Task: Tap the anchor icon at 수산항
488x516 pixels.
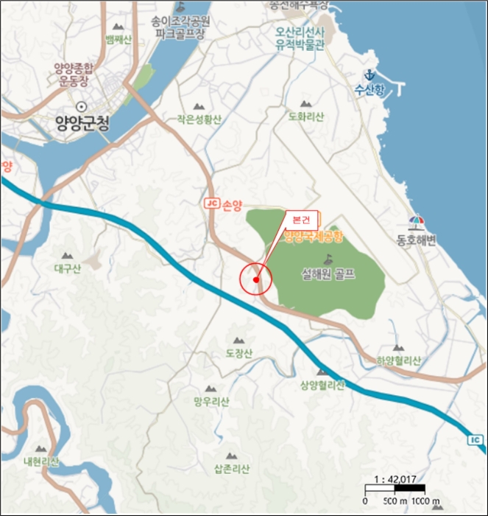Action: pyautogui.click(x=371, y=74)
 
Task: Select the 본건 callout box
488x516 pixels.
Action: pyautogui.click(x=302, y=220)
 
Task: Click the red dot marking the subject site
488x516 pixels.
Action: pyautogui.click(x=255, y=280)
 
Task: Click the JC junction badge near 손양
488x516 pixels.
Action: pyautogui.click(x=211, y=202)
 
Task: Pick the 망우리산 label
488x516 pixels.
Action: pyautogui.click(x=211, y=402)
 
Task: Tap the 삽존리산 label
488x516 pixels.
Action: pyautogui.click(x=232, y=469)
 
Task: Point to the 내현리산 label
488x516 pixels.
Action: pyautogui.click(x=40, y=461)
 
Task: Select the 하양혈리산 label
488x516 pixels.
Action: pyautogui.click(x=394, y=360)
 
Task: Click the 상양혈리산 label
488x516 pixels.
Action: pyautogui.click(x=322, y=385)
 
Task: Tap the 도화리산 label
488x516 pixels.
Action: pyautogui.click(x=307, y=116)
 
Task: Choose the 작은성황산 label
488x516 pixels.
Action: pyautogui.click(x=198, y=118)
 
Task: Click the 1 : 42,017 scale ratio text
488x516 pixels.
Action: pyautogui.click(x=395, y=479)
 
